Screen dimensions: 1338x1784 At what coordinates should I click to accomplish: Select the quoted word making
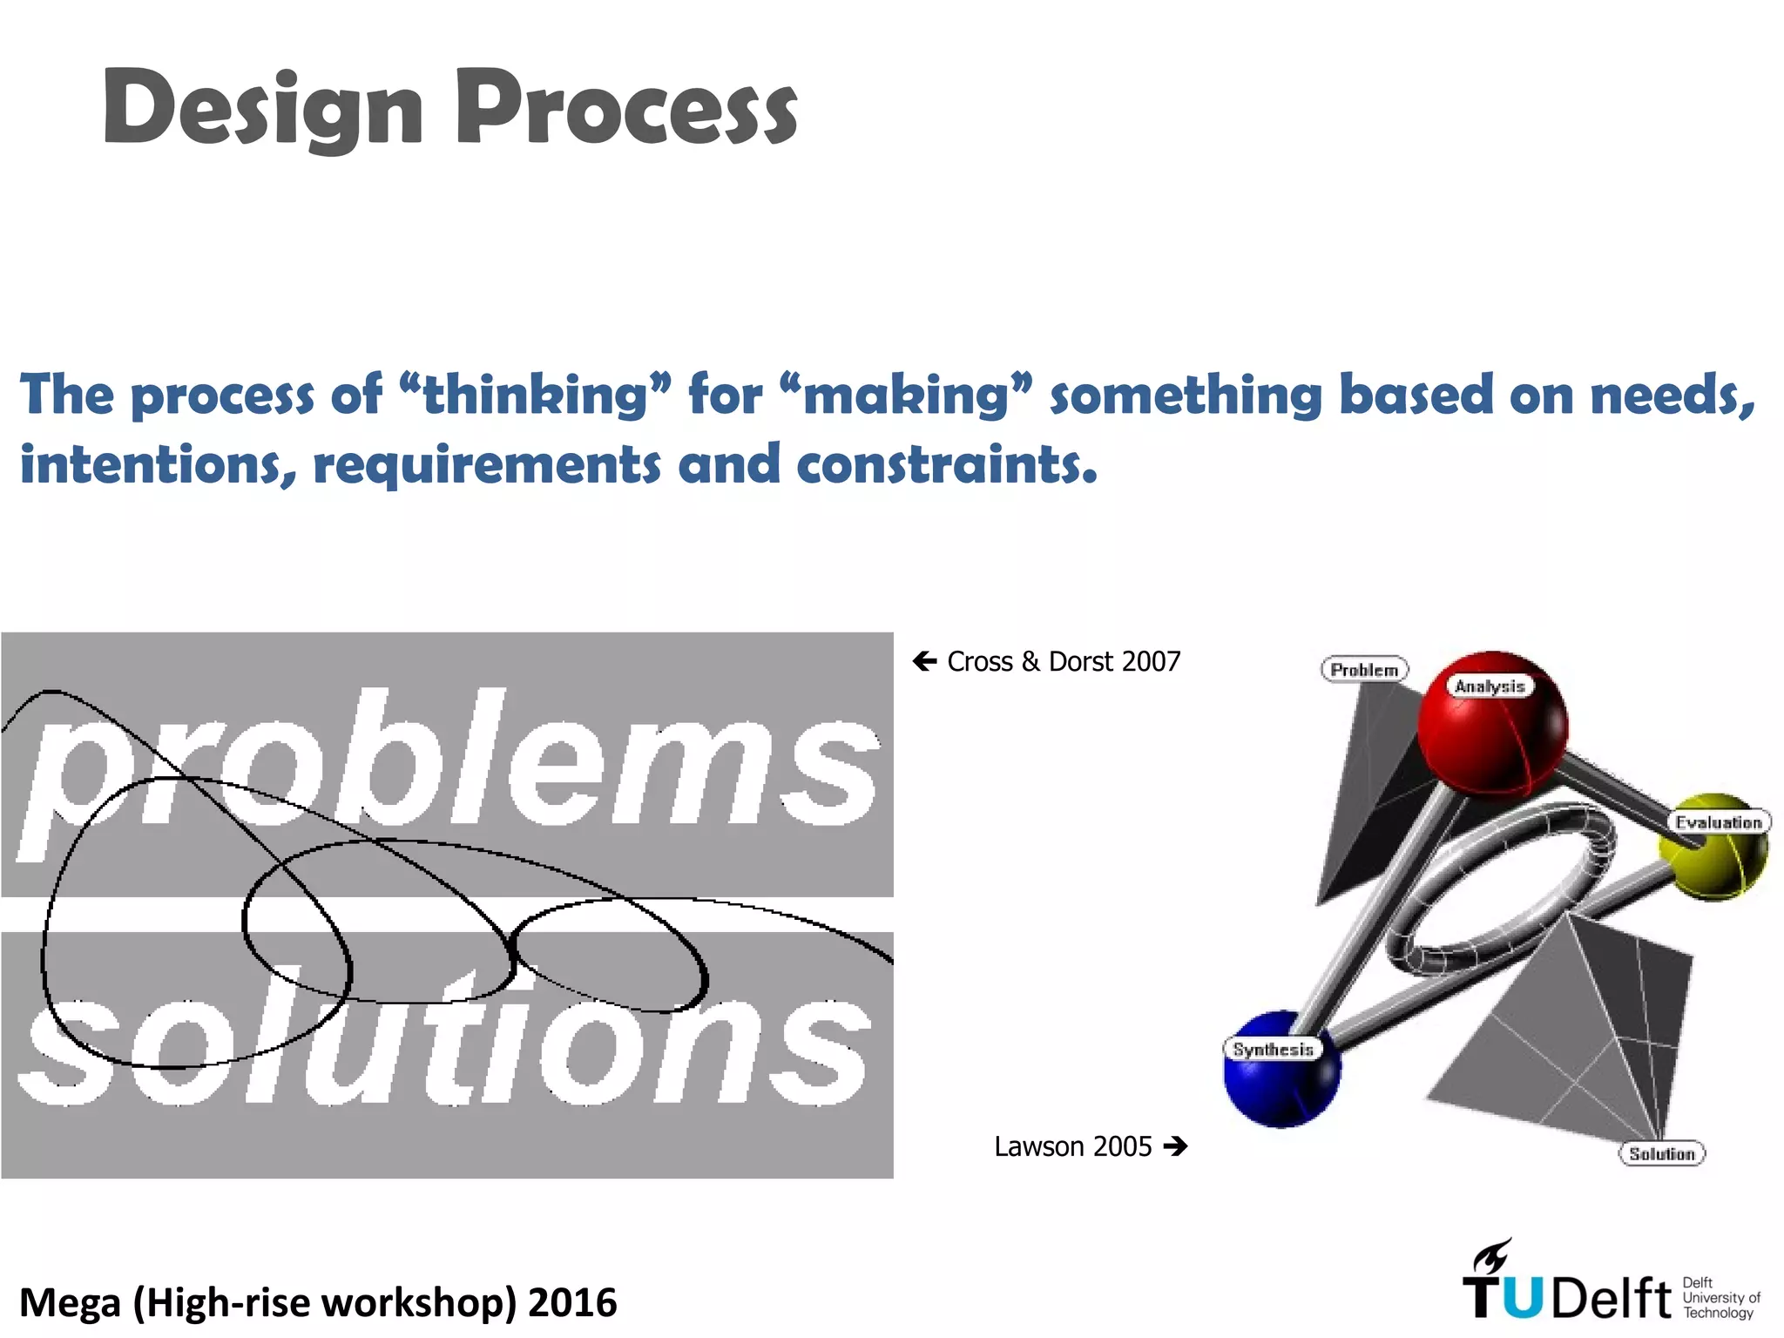point(906,396)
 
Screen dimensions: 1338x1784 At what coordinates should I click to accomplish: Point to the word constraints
point(945,464)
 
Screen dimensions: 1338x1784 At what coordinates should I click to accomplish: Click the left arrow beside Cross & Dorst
point(924,661)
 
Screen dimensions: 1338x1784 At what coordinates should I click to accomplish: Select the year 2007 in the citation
point(1151,661)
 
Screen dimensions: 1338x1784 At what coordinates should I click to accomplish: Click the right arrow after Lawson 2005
point(1175,1145)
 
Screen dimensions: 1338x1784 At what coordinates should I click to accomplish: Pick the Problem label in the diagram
point(1364,670)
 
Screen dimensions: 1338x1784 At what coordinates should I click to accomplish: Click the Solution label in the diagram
point(1661,1153)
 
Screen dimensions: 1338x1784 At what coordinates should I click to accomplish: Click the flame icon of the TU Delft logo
point(1492,1257)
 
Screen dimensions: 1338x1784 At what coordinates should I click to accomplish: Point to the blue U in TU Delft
point(1522,1299)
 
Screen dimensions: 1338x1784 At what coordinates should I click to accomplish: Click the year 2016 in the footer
point(572,1302)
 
